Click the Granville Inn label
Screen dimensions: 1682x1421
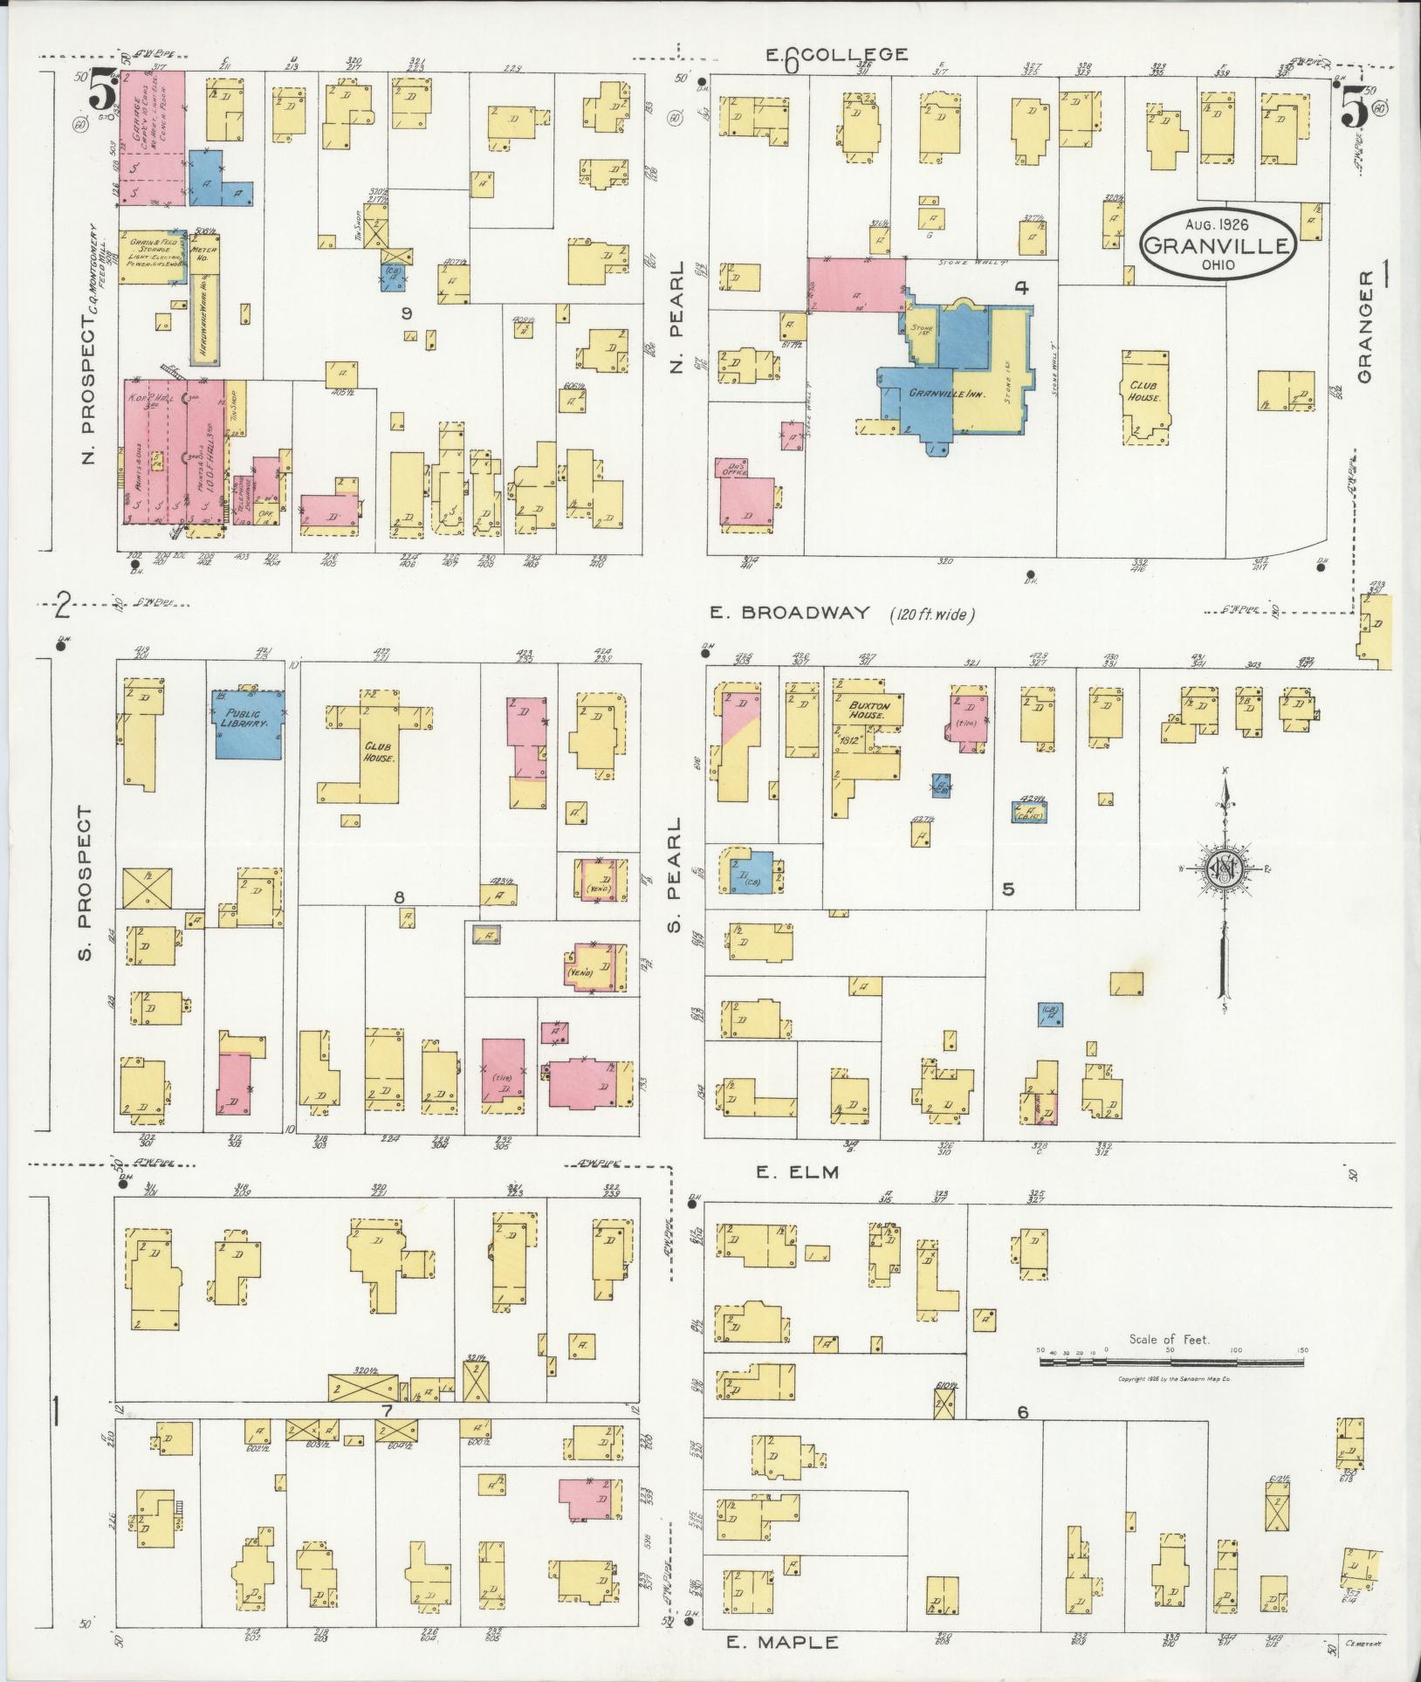pos(947,394)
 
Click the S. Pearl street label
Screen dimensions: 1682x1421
pos(674,875)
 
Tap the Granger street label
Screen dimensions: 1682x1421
pos(1365,325)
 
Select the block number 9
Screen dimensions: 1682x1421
pos(405,313)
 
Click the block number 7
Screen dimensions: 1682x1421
pos(388,1436)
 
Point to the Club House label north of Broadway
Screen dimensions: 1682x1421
pos(1143,390)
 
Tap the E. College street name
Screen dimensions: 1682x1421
pos(836,55)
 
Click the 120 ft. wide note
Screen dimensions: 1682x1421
pos(932,614)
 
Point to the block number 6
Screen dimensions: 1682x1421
pos(1022,1437)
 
